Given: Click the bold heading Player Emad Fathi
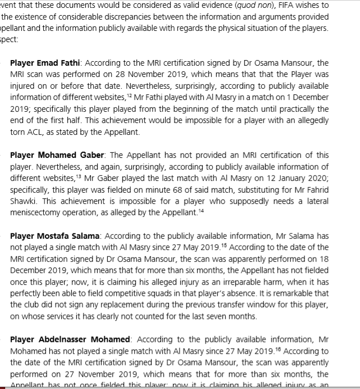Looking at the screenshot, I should click(45, 63).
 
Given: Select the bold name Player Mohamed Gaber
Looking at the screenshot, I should click(57, 155).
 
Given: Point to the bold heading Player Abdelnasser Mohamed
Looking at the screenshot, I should click(70, 340).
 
